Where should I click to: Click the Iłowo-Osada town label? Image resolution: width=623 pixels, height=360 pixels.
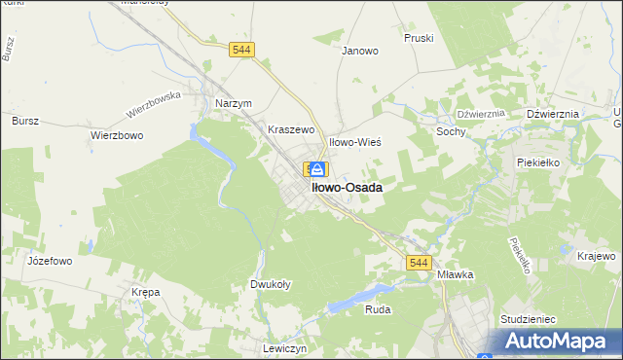346,188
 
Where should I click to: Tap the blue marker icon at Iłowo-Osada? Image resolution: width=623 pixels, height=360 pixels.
317,169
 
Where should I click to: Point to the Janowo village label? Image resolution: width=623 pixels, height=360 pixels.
359,52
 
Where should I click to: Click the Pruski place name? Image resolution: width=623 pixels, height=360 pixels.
418,38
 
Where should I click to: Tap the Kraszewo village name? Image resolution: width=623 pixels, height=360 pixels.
291,129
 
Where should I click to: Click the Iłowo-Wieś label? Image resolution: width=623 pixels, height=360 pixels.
354,142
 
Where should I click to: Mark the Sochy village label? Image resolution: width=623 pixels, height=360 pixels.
452,131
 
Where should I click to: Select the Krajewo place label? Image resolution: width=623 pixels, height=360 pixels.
597,255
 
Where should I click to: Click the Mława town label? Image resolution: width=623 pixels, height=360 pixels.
455,274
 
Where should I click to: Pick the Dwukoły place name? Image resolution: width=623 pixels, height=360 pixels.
267,285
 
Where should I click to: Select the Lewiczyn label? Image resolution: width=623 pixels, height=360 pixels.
285,347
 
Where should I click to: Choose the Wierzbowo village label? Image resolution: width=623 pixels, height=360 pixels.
117,136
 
